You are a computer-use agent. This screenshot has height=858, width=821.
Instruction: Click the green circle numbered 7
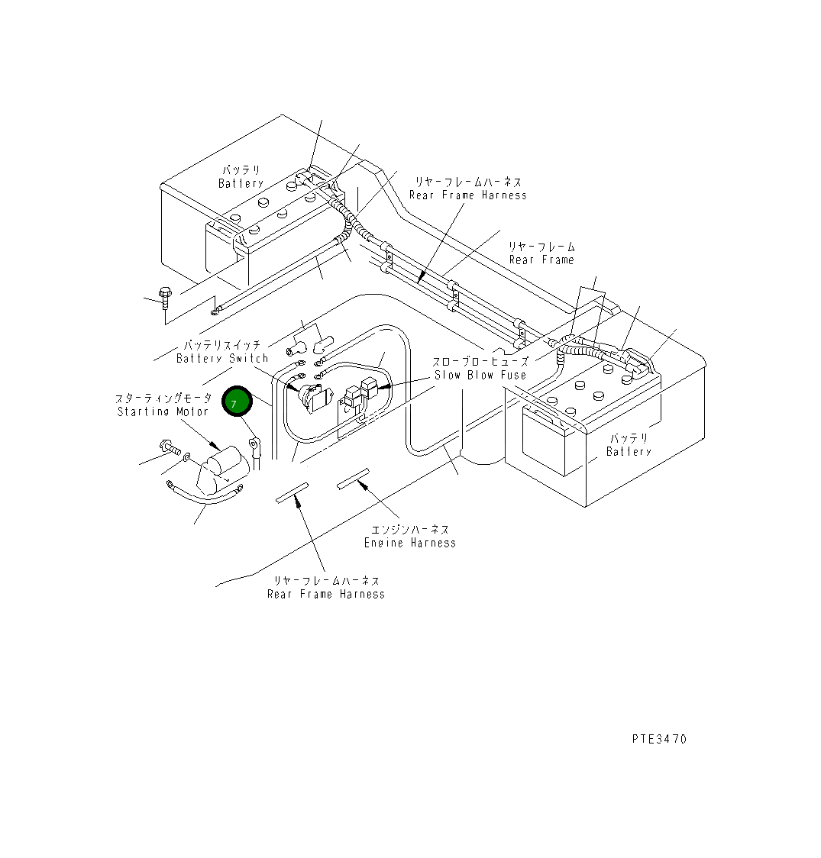pos(236,402)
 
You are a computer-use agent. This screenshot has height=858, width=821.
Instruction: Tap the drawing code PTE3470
pos(659,739)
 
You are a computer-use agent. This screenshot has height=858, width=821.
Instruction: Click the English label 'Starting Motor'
pos(163,411)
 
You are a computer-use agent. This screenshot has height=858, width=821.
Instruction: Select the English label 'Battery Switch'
pos(222,358)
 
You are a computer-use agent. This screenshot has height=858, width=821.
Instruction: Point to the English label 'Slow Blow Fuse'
pos(480,375)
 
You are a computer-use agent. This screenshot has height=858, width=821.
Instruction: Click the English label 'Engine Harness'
pos(409,543)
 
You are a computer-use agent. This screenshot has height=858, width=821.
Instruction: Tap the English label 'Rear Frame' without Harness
pos(541,260)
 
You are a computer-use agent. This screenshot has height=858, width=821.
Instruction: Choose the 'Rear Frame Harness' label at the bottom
pos(326,594)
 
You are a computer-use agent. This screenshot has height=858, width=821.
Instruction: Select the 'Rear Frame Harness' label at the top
pos(467,195)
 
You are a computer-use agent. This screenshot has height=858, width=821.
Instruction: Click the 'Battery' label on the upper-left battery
pos(241,183)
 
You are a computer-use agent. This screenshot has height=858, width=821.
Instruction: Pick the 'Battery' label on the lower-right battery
pos(629,451)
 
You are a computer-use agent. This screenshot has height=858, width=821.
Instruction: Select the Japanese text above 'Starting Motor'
pos(163,398)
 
